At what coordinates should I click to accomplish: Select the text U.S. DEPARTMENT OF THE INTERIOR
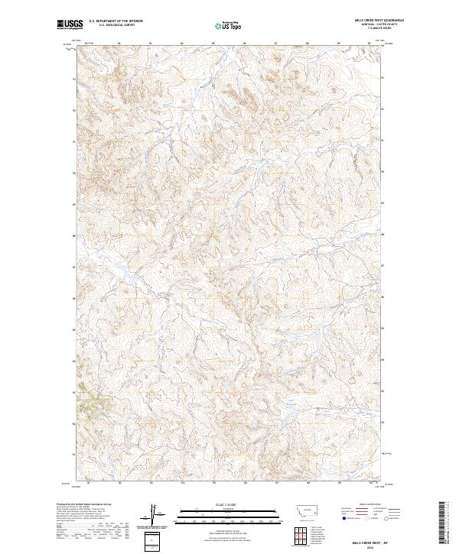[x=116, y=21]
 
